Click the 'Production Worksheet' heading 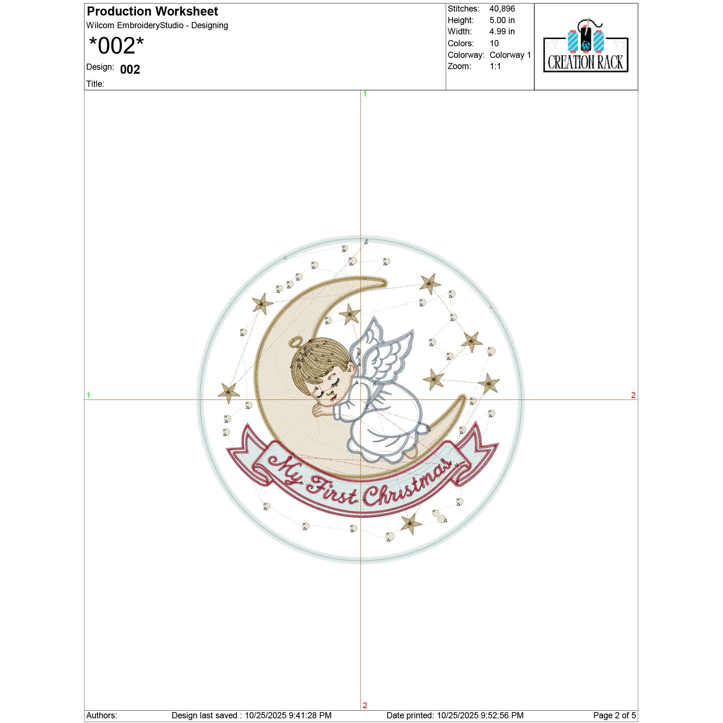pos(152,12)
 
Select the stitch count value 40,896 pos(502,9)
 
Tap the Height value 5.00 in pos(502,20)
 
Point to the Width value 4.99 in pos(502,31)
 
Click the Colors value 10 pos(494,43)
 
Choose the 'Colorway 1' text pos(510,55)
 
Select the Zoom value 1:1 pos(495,66)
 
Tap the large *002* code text pos(116,46)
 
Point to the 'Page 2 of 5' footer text pos(615,715)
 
